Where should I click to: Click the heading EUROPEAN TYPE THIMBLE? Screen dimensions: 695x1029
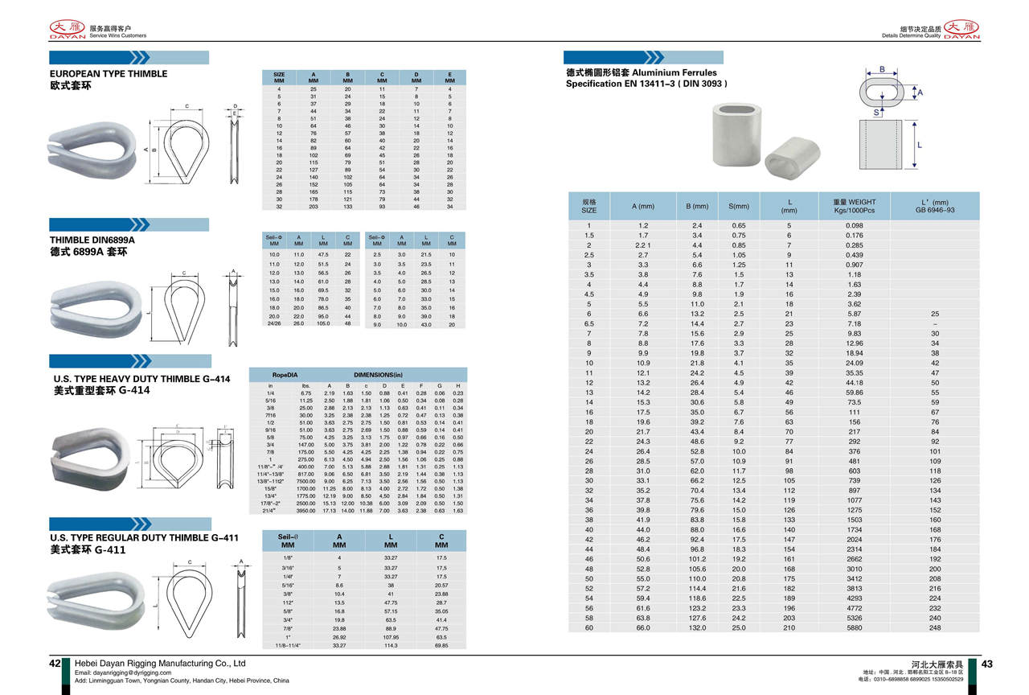pos(109,74)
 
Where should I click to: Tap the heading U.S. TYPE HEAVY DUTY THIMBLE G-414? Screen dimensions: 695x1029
pos(140,379)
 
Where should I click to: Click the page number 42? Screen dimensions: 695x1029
pos(55,664)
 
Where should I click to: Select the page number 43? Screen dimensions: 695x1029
pos(987,664)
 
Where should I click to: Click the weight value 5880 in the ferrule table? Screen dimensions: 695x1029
pos(854,628)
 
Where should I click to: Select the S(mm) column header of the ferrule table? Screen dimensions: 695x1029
pos(738,207)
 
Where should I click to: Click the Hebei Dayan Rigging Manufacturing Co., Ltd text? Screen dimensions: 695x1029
pos(160,664)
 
